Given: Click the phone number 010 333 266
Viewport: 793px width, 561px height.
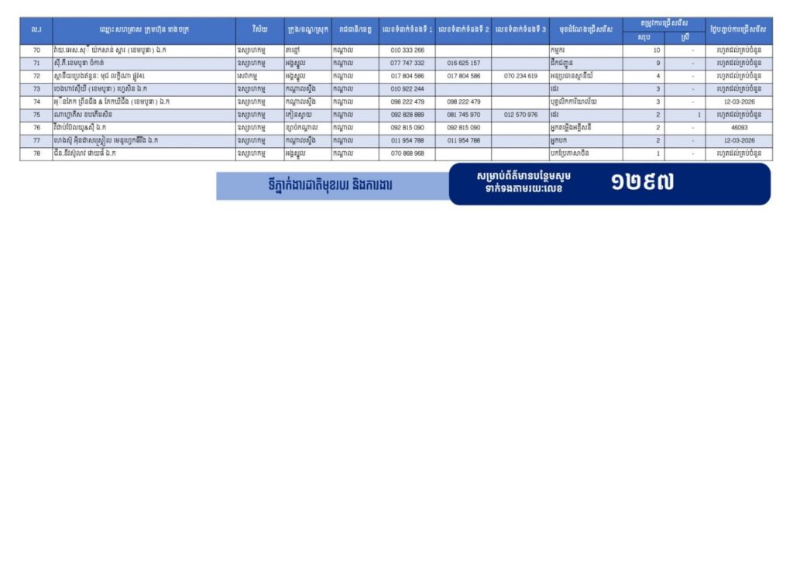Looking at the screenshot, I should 407,50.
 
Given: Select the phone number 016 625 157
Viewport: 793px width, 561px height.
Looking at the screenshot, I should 463,63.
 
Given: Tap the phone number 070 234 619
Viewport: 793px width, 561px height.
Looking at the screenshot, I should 520,76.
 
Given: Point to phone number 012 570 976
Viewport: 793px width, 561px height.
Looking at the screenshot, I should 520,115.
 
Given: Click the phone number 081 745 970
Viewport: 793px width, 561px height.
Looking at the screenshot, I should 463,115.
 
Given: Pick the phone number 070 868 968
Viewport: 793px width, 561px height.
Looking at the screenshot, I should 407,153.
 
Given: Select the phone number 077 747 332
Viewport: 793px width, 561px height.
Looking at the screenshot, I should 407,63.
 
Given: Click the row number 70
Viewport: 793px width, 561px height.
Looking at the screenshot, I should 36,50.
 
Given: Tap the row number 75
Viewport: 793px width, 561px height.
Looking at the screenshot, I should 36,115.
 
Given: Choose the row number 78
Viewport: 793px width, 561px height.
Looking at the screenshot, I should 36,153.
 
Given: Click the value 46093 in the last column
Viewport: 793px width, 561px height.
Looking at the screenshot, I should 739,127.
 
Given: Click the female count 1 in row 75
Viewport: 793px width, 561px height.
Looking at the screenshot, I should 699,115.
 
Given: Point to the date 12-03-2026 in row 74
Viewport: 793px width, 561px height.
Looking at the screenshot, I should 739,102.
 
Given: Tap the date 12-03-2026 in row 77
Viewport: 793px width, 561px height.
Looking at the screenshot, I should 739,140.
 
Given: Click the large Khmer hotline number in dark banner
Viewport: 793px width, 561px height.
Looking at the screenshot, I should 642,183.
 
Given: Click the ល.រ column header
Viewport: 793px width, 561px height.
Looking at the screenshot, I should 36,29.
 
